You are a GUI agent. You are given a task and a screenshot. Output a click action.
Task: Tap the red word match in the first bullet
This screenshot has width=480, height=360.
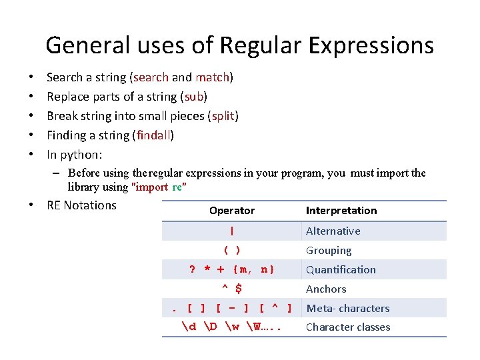click(212, 77)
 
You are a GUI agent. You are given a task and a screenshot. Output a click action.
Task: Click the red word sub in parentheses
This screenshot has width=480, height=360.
click(193, 97)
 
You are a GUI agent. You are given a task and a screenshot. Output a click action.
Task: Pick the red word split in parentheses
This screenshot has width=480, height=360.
click(223, 116)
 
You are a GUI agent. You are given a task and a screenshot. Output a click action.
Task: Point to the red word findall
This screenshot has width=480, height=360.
click(154, 135)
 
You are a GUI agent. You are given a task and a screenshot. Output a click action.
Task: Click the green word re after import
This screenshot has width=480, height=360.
click(177, 187)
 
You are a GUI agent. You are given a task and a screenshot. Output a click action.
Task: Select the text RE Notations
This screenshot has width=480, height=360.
click(81, 205)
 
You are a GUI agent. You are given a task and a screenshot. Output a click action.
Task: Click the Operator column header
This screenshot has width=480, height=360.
click(231, 211)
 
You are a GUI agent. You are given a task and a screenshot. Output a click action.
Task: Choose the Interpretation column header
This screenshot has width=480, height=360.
click(341, 211)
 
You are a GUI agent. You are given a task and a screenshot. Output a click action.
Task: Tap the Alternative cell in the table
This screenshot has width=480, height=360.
click(333, 231)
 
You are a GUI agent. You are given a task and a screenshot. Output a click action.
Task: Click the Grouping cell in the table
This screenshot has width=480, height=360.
click(328, 251)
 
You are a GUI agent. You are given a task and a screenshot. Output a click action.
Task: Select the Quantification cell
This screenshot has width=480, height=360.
click(341, 270)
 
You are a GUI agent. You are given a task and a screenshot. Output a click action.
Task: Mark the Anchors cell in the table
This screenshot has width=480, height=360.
click(326, 289)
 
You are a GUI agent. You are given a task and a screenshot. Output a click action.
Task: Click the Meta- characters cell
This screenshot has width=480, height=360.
click(347, 309)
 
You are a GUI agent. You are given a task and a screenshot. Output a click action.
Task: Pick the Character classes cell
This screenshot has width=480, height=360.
click(347, 327)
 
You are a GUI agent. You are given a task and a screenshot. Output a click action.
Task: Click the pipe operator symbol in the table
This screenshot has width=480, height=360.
click(231, 231)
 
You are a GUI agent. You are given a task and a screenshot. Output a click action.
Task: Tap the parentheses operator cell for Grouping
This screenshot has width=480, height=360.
click(231, 251)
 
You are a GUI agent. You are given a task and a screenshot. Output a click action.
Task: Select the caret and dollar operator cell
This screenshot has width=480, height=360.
click(231, 289)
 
